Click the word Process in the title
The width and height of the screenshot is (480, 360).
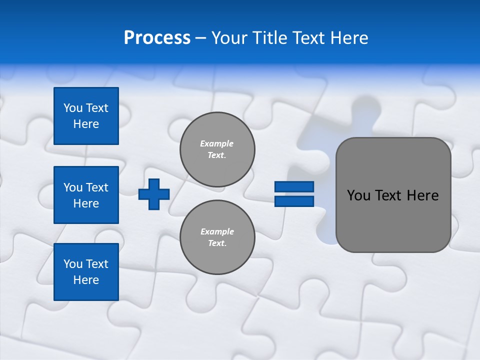[157, 37]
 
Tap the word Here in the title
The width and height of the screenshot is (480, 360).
[348, 37]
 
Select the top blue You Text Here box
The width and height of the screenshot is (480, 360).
[86, 116]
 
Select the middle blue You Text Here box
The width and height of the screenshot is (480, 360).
[86, 195]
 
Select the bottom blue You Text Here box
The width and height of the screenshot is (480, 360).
[86, 271]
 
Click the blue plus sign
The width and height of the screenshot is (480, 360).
[154, 194]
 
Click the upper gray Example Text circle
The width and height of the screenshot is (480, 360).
[217, 149]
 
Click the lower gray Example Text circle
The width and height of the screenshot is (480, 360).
[217, 237]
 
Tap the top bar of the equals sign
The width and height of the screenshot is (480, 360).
[294, 186]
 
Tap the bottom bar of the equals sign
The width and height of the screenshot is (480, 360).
[294, 201]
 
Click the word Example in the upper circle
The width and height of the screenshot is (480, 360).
[217, 143]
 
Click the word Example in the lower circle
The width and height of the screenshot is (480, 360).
[217, 231]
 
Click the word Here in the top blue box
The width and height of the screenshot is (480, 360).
[86, 124]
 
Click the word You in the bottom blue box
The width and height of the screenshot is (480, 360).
[73, 263]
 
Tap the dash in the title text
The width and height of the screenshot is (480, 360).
[200, 38]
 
